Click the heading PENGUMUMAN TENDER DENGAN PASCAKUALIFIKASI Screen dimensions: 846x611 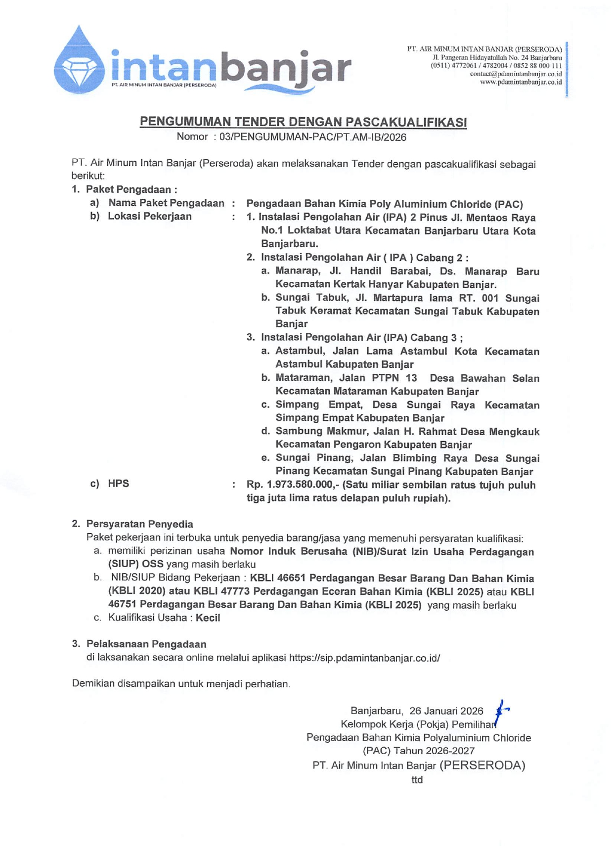click(x=303, y=122)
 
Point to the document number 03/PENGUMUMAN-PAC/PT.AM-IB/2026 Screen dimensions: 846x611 click(x=312, y=137)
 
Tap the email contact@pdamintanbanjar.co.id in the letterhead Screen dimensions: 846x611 click(x=515, y=74)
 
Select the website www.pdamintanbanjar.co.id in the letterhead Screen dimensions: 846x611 click(x=520, y=82)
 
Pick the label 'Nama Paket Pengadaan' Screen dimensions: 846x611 click(x=166, y=203)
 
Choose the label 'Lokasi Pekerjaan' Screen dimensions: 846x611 click(x=149, y=216)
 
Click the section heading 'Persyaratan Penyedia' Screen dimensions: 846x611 click(x=139, y=524)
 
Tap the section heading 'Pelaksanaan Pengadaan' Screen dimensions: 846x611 click(x=146, y=644)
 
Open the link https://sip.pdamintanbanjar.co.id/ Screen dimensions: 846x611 click(x=364, y=658)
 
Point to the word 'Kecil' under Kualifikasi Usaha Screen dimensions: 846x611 click(x=208, y=618)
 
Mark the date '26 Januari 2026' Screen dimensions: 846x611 click(x=446, y=711)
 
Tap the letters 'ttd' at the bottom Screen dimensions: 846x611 click(x=417, y=780)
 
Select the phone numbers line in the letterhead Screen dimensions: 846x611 click(x=496, y=65)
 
